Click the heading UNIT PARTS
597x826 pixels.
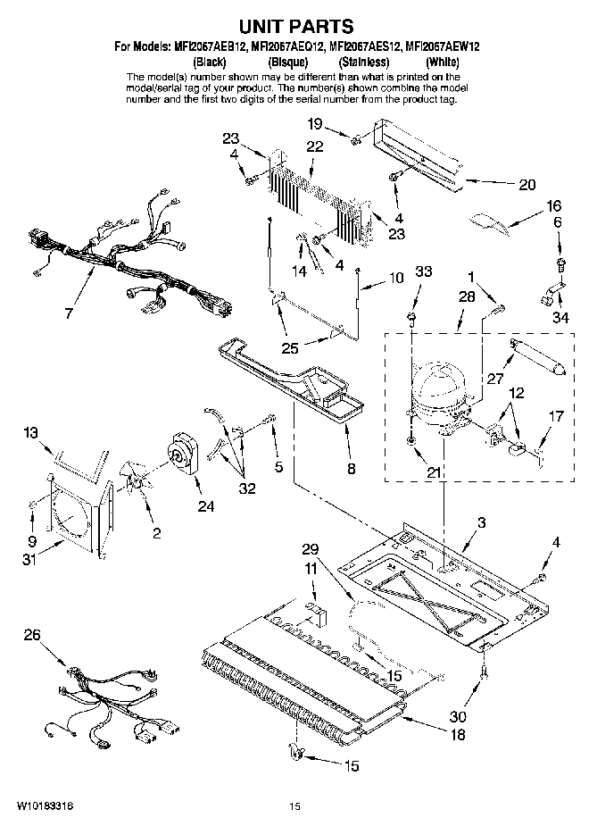pos(299,28)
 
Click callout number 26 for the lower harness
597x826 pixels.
pos(31,637)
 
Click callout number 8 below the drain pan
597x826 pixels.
pos(351,468)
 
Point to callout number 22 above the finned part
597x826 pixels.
pos(313,146)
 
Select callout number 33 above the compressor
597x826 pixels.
pos(422,271)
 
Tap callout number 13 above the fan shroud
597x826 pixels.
pos(31,433)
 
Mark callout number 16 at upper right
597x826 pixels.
pos(553,205)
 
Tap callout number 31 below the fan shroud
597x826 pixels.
pos(31,561)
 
